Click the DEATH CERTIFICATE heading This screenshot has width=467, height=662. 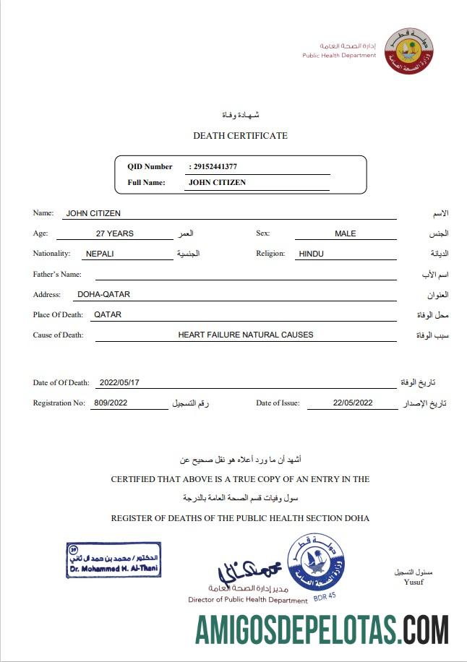tap(240, 136)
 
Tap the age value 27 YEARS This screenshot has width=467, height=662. tap(114, 233)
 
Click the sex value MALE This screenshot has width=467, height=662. tap(345, 233)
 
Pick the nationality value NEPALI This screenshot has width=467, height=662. tap(100, 254)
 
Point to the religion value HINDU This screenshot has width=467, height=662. tap(311, 254)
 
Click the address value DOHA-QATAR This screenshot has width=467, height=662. tap(103, 294)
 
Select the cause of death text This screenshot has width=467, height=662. tap(246, 335)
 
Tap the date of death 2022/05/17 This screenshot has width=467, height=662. tap(119, 383)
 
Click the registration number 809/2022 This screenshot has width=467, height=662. tap(111, 403)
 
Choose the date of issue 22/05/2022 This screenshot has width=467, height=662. tap(353, 403)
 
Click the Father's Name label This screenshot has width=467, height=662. tap(57, 275)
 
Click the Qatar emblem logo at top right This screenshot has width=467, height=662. tap(408, 51)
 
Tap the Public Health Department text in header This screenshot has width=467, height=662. tap(339, 55)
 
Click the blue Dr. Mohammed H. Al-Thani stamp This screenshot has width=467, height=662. tap(113, 561)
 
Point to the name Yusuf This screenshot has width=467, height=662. tap(414, 583)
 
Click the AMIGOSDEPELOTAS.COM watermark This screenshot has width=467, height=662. tap(322, 629)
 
